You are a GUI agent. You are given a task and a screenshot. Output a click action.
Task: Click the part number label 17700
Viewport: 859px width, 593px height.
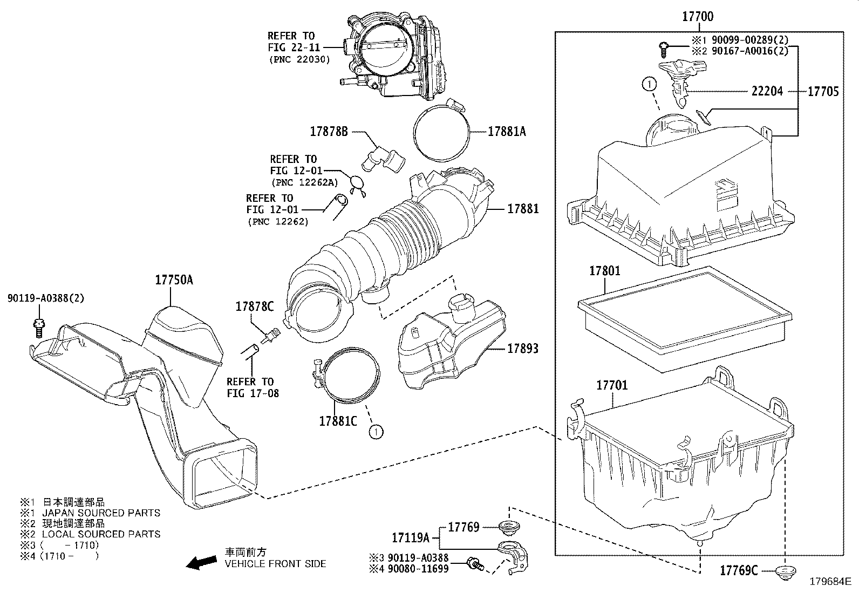(698, 17)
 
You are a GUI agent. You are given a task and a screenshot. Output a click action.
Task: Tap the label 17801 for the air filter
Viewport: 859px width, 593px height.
(605, 271)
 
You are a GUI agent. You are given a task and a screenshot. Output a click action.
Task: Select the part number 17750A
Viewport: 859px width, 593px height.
(174, 280)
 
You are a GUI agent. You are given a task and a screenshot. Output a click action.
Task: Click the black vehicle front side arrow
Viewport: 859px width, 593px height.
(201, 562)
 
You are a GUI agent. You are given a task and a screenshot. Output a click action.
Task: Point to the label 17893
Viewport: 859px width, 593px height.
(523, 348)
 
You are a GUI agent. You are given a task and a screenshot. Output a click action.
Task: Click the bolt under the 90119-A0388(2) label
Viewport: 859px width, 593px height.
(39, 328)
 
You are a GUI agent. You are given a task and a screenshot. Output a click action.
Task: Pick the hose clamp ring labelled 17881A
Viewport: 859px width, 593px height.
(442, 129)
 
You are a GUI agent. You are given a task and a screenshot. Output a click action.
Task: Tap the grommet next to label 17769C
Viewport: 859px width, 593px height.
(786, 571)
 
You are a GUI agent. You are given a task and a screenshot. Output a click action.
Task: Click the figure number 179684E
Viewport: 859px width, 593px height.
(830, 582)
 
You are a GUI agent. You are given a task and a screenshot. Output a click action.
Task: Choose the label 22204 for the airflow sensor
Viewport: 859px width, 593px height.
(767, 91)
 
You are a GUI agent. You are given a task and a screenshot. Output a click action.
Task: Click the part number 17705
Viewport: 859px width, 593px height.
(823, 91)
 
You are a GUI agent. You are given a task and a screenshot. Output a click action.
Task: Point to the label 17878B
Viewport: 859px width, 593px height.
(329, 132)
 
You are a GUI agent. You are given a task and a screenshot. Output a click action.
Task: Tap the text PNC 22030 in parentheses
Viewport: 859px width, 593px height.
(299, 59)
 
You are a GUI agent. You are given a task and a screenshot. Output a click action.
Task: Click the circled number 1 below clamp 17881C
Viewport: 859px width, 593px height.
(376, 432)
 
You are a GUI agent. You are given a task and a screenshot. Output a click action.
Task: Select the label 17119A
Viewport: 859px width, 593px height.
(410, 538)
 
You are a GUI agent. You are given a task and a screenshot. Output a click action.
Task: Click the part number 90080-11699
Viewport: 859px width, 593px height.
(418, 569)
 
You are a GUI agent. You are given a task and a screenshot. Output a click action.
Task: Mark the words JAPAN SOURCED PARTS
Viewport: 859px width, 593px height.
(101, 513)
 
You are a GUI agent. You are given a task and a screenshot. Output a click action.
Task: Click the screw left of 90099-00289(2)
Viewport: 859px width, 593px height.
(664, 50)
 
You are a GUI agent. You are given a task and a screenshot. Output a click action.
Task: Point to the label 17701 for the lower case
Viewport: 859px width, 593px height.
(612, 385)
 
